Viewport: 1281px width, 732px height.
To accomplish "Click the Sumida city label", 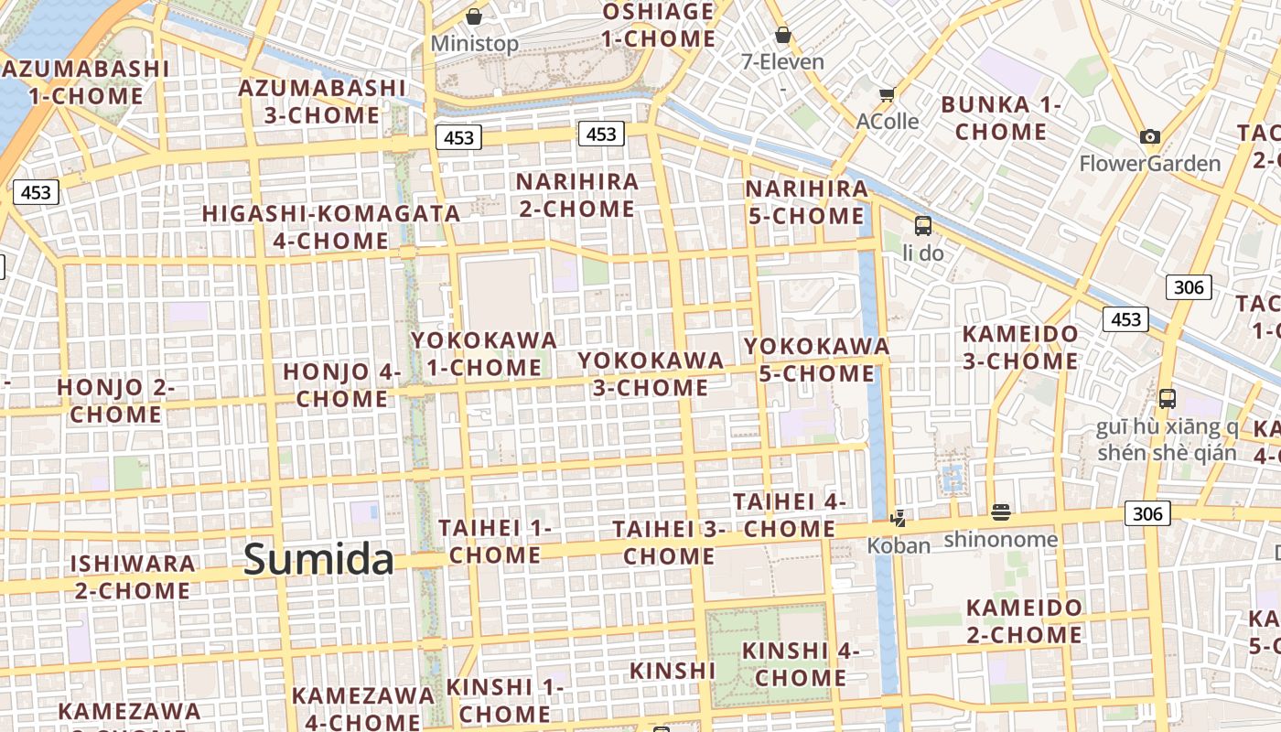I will [x=318, y=559].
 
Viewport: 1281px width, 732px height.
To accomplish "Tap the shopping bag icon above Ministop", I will [x=474, y=16].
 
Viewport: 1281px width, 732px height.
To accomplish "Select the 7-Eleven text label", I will [x=782, y=62].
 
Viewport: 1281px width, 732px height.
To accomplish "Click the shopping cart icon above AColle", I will [x=887, y=94].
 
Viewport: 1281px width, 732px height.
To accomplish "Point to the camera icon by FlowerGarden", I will [x=1150, y=137].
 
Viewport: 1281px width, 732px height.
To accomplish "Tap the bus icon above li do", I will [x=922, y=225].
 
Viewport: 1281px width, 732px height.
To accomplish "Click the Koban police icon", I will [x=898, y=519].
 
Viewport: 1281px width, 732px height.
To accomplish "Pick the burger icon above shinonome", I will [x=1000, y=512].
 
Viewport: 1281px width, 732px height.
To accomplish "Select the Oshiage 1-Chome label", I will [x=658, y=26].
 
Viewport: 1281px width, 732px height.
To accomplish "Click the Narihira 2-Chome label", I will [x=576, y=195].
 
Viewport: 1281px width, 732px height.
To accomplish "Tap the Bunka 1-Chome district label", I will [x=1000, y=118].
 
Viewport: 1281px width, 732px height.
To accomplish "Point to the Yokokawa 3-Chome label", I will [x=650, y=373].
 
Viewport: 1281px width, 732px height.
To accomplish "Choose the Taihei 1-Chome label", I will [x=494, y=541].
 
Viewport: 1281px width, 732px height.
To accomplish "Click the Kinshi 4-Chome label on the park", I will [x=801, y=664].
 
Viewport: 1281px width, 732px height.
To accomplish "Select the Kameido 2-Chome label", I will [x=1024, y=621].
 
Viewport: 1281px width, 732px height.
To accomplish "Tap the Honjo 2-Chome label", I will [x=115, y=401].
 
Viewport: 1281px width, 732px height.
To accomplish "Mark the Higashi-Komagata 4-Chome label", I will [x=330, y=227].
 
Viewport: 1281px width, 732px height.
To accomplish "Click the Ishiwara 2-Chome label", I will [x=133, y=576].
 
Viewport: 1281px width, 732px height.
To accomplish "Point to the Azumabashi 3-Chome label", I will [x=321, y=102].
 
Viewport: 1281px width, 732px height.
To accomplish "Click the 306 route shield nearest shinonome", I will [x=1146, y=513].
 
